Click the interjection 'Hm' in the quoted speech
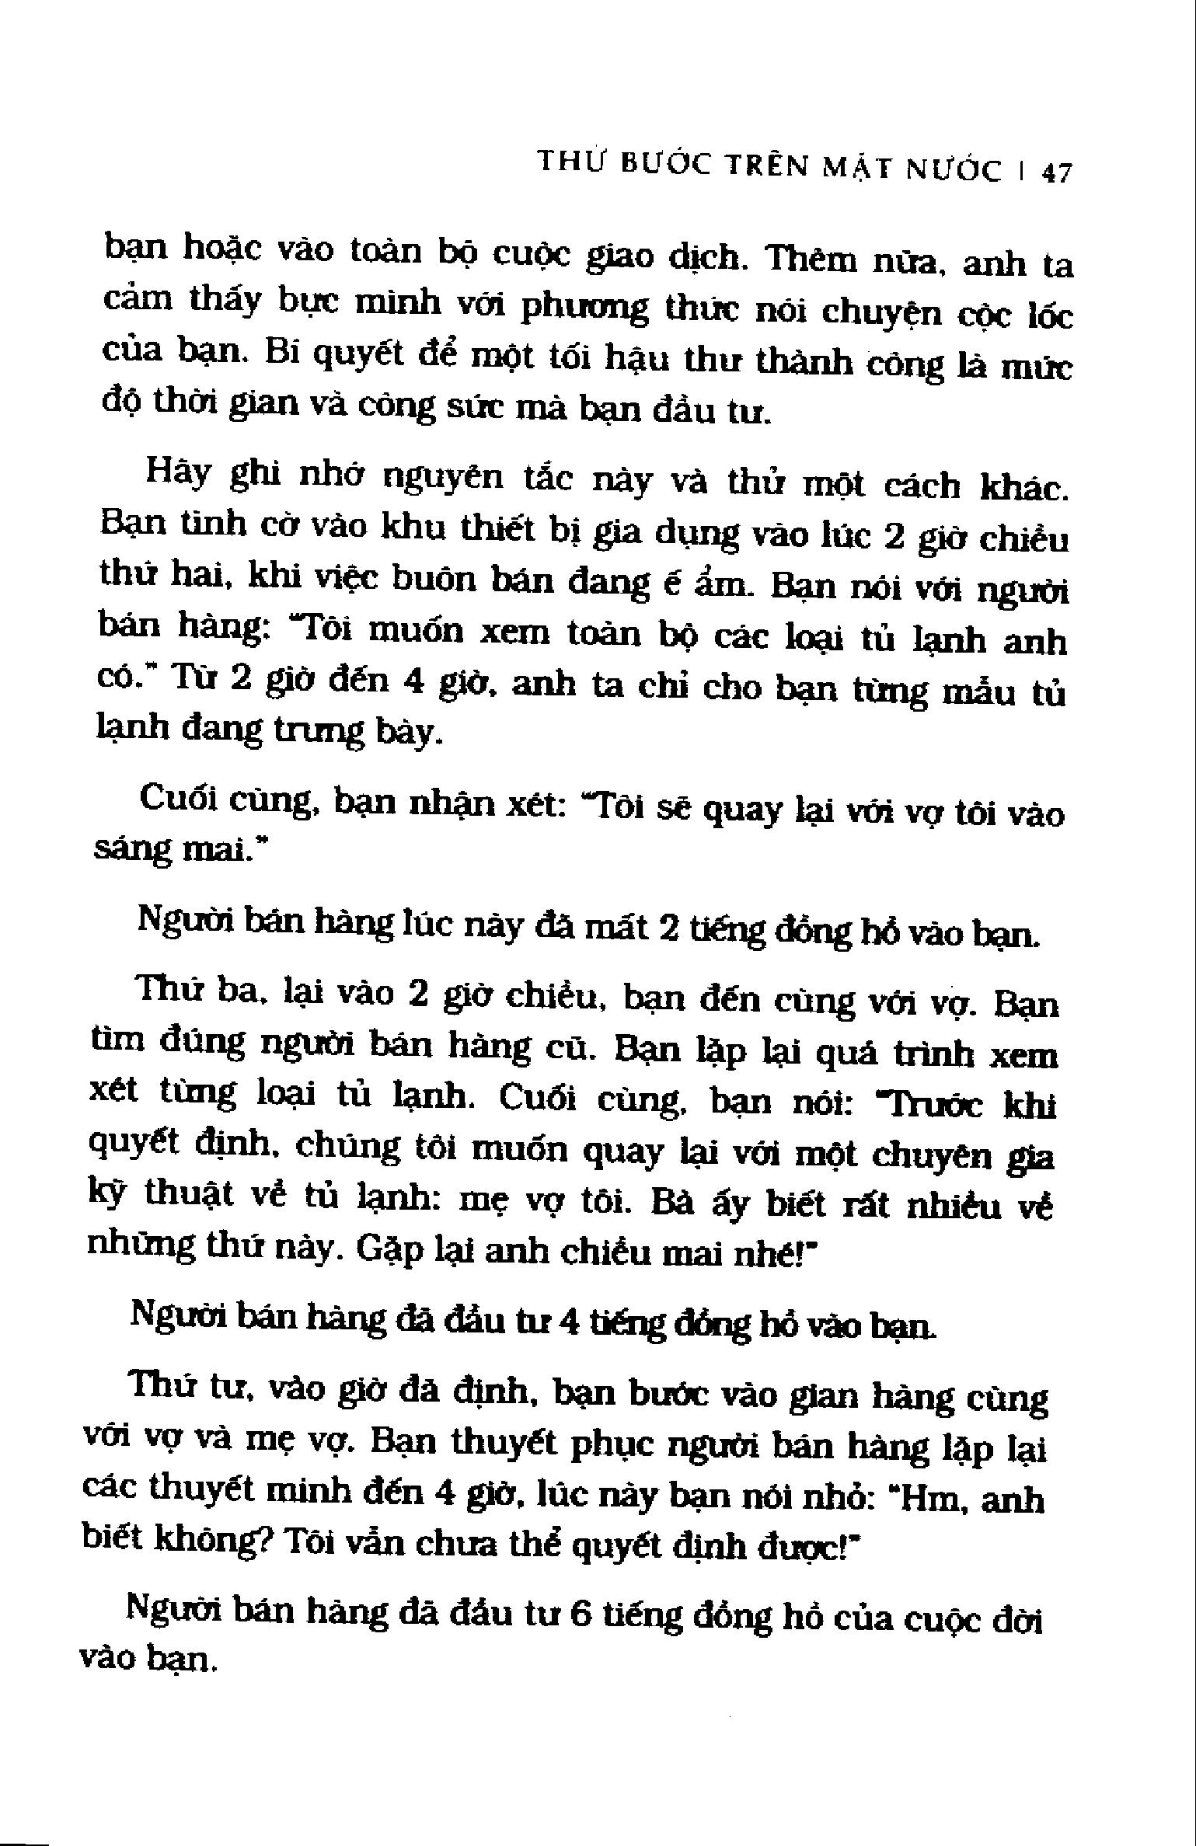coord(930,1500)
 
